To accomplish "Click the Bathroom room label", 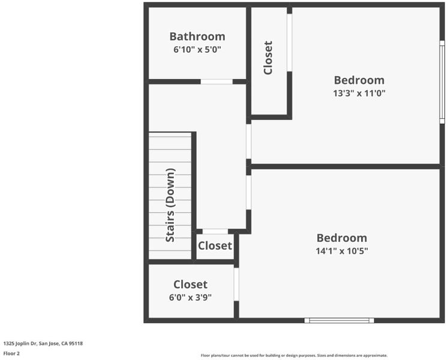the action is click(x=197, y=37).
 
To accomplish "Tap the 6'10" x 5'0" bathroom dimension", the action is click(x=197, y=50).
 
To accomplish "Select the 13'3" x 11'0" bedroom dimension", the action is click(x=359, y=93).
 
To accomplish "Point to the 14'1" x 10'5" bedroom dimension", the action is click(x=342, y=251).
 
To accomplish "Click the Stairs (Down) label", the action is click(x=170, y=205).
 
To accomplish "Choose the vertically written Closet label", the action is click(x=268, y=58).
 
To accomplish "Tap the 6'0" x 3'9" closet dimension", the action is click(x=190, y=298).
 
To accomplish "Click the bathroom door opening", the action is click(x=217, y=82).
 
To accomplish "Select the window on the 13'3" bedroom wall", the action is click(x=442, y=82).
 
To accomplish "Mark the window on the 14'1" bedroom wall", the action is click(x=339, y=320).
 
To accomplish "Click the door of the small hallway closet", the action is click(x=215, y=232).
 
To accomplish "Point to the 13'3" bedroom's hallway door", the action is click(x=248, y=142).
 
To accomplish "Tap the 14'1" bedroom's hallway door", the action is click(x=248, y=193).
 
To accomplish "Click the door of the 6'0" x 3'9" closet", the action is click(x=236, y=284).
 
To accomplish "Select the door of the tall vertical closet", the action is click(x=290, y=43).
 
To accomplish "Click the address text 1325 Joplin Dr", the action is click(x=19, y=343).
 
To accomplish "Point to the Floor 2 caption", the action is click(x=11, y=353).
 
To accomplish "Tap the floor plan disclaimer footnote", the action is click(x=294, y=355).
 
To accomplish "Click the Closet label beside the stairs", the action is click(x=215, y=246).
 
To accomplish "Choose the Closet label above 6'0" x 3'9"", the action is click(x=190, y=284).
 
